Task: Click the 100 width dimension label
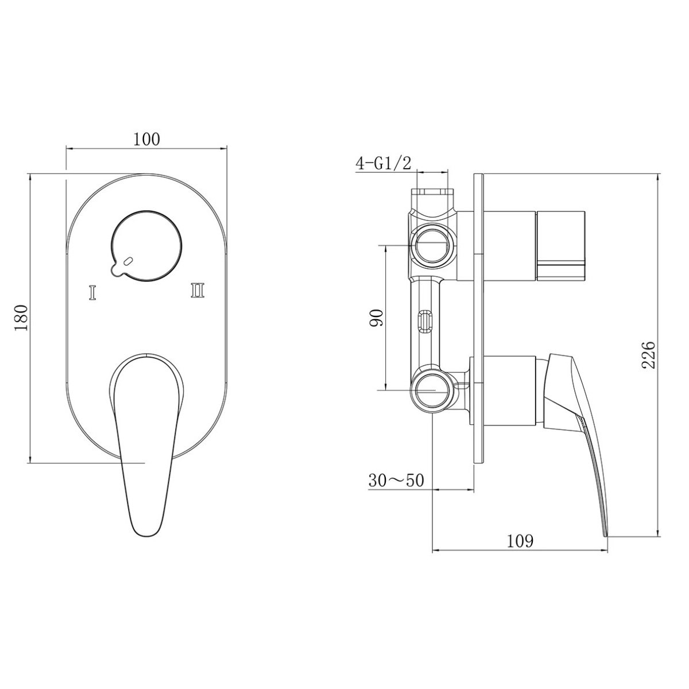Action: pos(146,139)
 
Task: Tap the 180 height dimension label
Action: pos(21,318)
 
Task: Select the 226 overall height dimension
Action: pos(648,355)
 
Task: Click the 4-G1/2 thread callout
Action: pos(384,164)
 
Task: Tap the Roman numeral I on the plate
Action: pos(92,292)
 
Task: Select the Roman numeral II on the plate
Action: pos(198,290)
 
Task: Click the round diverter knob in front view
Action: pos(146,245)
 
